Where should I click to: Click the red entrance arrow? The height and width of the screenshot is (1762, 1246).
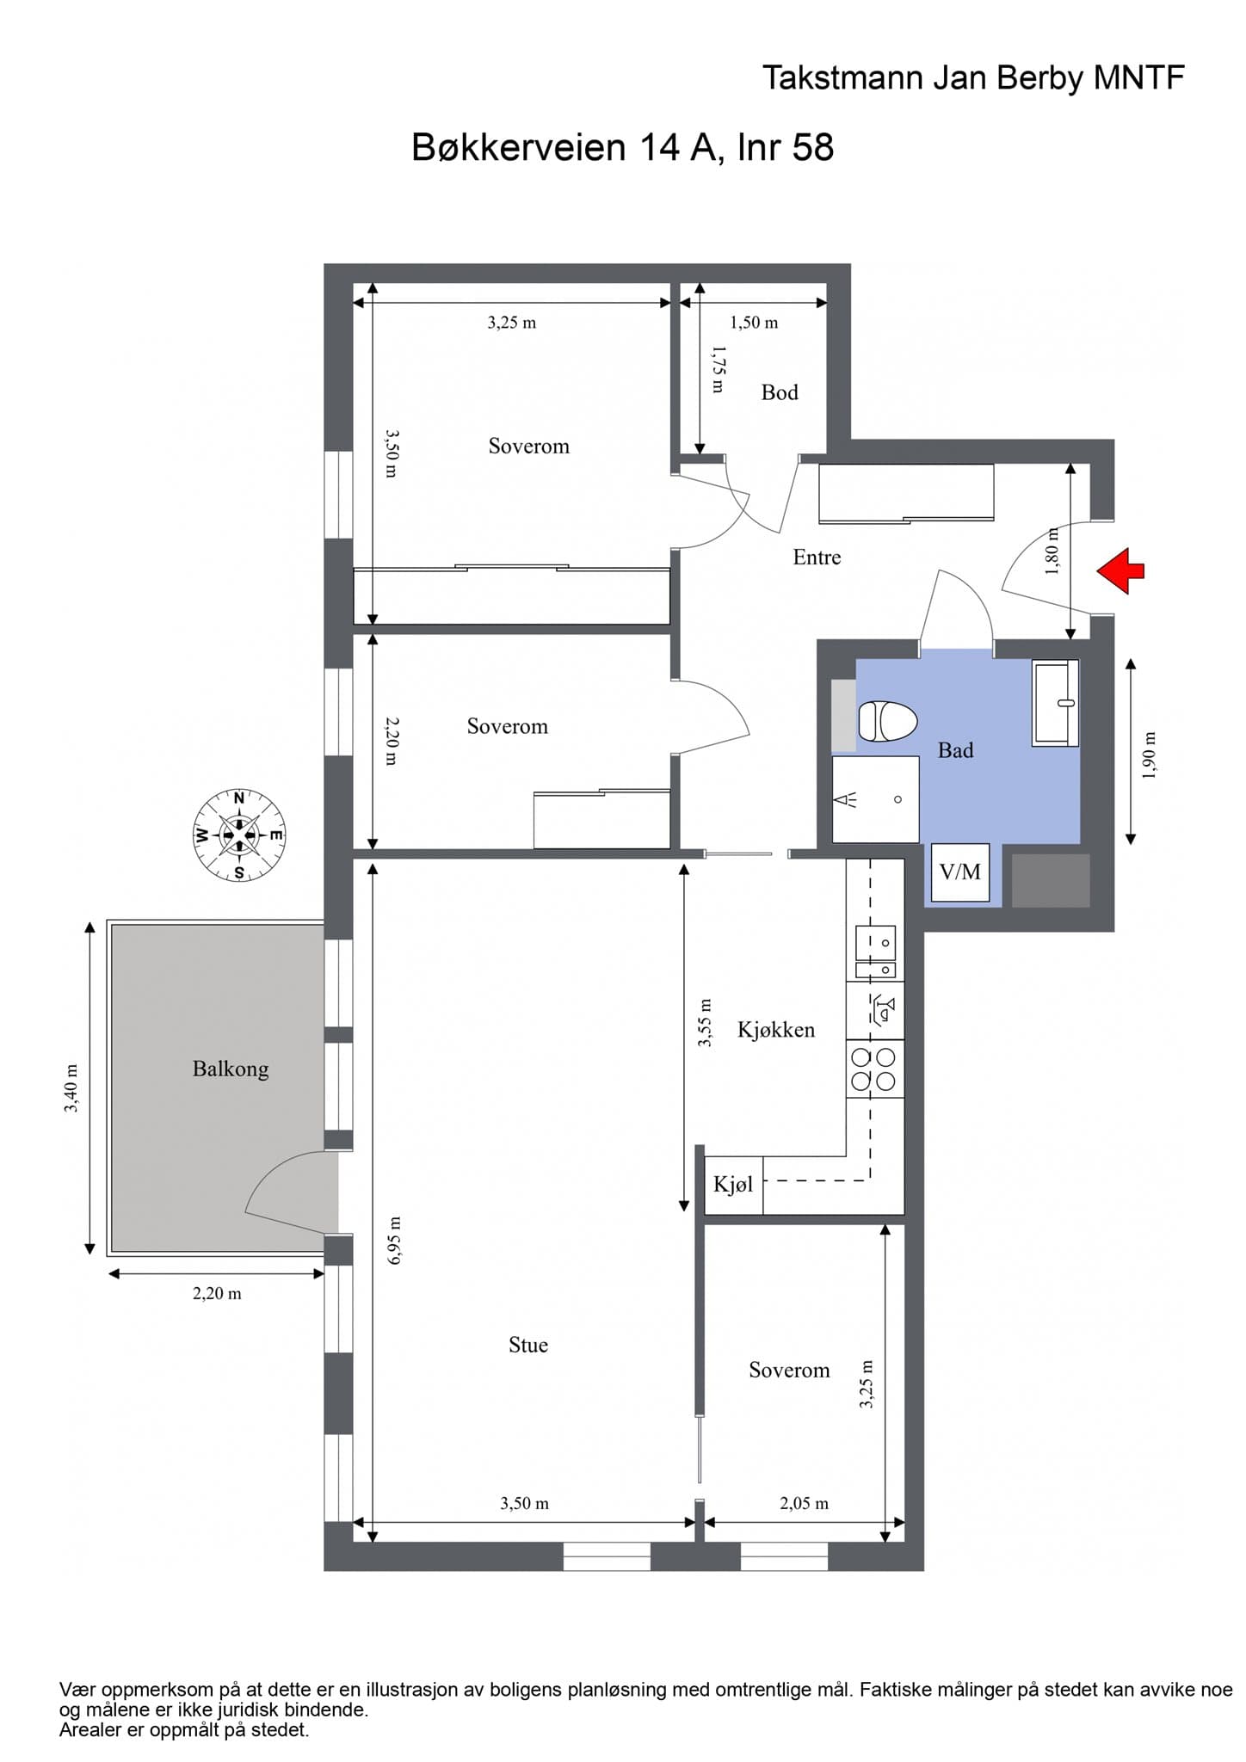1120,570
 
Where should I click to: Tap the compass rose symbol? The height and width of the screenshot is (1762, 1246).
239,835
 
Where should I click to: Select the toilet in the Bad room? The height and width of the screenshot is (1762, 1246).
887,721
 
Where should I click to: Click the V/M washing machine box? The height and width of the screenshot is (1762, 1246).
960,872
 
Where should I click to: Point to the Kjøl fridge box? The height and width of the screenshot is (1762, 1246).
733,1185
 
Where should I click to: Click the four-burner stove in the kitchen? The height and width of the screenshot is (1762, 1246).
875,1069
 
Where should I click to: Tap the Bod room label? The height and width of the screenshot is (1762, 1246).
780,392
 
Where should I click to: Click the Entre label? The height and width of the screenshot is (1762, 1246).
817,558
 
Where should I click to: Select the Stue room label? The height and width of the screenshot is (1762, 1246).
528,1345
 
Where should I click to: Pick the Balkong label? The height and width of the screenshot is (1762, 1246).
231,1069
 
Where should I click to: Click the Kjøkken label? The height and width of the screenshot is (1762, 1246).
776,1030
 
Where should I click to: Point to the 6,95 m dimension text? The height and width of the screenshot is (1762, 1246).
395,1241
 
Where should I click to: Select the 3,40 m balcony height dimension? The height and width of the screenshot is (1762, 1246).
71,1088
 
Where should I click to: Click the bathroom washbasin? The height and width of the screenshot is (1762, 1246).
1056,702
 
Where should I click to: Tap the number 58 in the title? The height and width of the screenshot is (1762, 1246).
812,147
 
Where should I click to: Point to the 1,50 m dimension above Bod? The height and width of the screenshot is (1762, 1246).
754,323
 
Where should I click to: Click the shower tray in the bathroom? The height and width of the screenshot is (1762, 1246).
875,799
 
